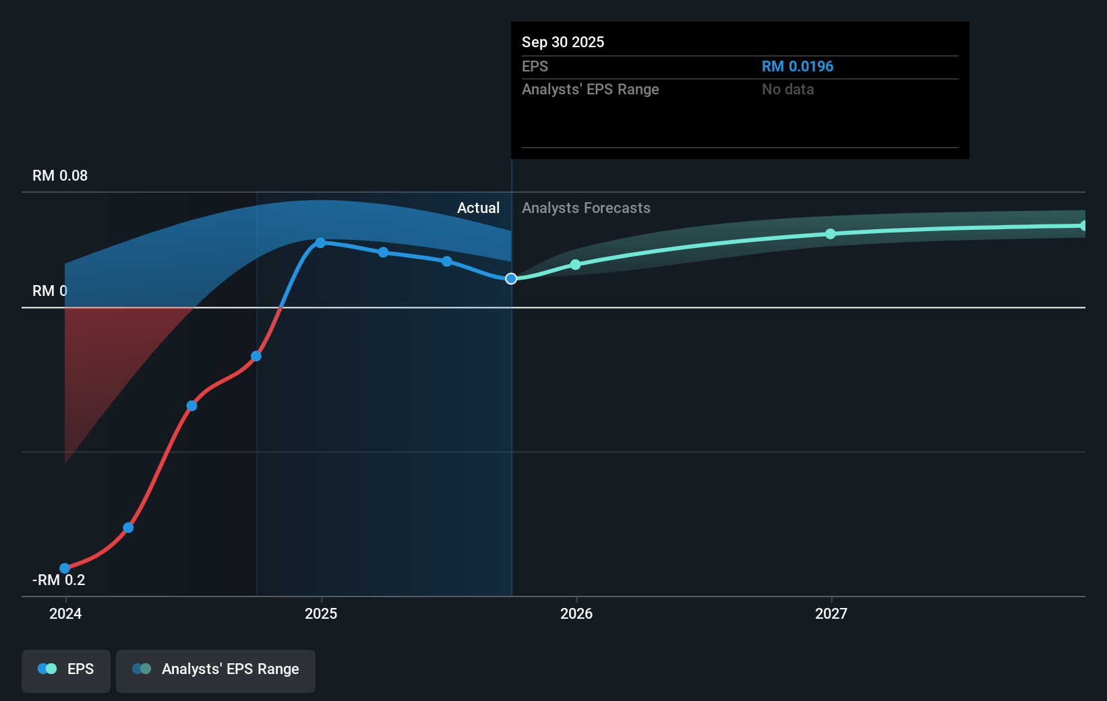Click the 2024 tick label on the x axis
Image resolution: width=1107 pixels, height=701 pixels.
pyautogui.click(x=65, y=613)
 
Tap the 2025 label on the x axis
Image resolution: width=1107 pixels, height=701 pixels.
pyautogui.click(x=321, y=613)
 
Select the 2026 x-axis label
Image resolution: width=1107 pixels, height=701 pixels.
pyautogui.click(x=576, y=613)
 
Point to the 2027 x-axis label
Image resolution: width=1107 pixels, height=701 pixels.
pyautogui.click(x=831, y=613)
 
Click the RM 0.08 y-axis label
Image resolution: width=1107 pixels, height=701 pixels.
pyautogui.click(x=60, y=176)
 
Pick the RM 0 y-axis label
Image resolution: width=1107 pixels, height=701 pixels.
pyautogui.click(x=50, y=291)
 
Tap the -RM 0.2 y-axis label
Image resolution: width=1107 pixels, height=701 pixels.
pyautogui.click(x=59, y=580)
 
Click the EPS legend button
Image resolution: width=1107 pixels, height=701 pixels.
pyautogui.click(x=66, y=669)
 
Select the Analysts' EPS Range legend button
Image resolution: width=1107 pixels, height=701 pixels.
pyautogui.click(x=216, y=669)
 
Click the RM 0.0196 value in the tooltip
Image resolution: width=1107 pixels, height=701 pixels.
pyautogui.click(x=798, y=67)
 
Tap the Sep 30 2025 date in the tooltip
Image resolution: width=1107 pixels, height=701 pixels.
pyautogui.click(x=563, y=42)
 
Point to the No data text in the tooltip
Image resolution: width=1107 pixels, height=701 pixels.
pyautogui.click(x=787, y=90)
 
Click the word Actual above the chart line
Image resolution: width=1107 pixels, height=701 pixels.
pyautogui.click(x=478, y=208)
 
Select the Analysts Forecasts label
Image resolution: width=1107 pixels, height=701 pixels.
pyautogui.click(x=586, y=208)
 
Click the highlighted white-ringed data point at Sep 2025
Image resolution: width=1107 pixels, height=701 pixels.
pyautogui.click(x=511, y=278)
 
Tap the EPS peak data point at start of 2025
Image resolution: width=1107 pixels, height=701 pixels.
pyautogui.click(x=321, y=243)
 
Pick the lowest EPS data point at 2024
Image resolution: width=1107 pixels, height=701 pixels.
pyautogui.click(x=65, y=568)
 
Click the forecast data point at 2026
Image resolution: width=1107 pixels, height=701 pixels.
pyautogui.click(x=575, y=265)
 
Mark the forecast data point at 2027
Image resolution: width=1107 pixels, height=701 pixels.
pyautogui.click(x=831, y=234)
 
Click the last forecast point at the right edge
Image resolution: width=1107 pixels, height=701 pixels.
pyautogui.click(x=1083, y=226)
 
